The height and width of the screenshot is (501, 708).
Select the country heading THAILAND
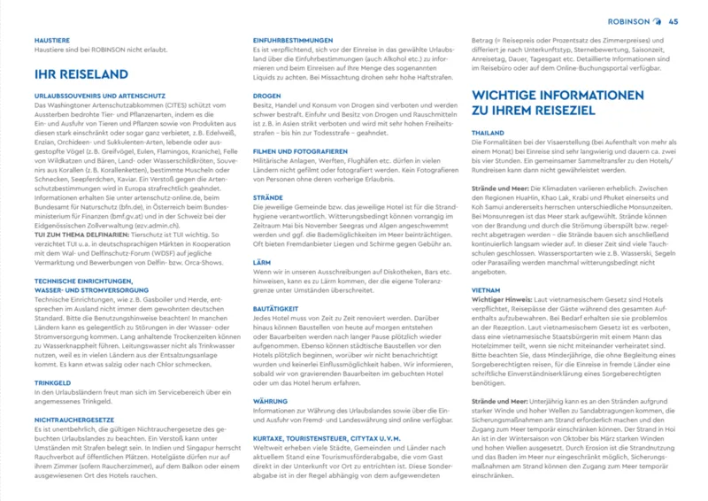(x=489, y=132)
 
